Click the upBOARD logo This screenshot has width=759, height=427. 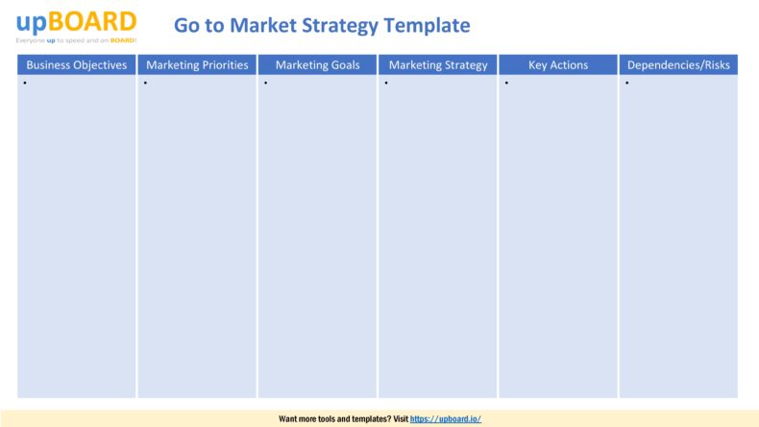76,21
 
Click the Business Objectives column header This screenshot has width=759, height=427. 77,65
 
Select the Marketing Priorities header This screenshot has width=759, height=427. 197,65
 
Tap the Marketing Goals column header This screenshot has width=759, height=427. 317,65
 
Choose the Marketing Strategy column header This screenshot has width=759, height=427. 438,65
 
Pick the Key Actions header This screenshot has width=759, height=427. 558,65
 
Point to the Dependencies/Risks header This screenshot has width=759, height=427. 678,65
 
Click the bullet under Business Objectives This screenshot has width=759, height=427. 24,83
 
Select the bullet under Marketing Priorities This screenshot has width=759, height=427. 145,83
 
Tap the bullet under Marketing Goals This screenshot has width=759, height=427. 265,83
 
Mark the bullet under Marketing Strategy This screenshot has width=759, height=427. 385,83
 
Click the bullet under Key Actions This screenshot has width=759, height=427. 505,83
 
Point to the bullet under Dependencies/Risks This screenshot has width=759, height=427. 626,83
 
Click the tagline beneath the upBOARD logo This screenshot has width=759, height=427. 76,40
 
